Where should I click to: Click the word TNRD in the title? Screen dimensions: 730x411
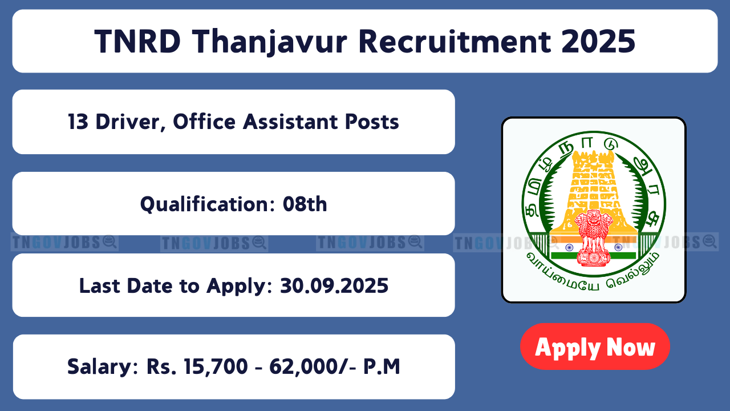click(137, 42)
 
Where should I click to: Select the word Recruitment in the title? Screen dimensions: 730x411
click(455, 42)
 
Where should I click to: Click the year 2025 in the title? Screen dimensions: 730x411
click(598, 42)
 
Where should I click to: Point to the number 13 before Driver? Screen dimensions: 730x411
click(78, 122)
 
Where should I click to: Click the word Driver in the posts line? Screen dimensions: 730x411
click(131, 123)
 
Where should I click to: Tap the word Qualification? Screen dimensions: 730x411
click(208, 204)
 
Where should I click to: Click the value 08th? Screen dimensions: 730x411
click(305, 204)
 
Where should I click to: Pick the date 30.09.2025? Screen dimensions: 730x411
click(334, 286)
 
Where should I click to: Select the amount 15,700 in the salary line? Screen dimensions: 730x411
click(216, 366)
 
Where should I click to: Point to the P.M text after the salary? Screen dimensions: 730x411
click(382, 366)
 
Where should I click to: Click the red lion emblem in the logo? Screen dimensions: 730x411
click(593, 237)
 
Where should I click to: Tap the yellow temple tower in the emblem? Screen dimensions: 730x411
click(594, 192)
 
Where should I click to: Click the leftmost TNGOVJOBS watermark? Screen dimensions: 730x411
click(64, 243)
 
